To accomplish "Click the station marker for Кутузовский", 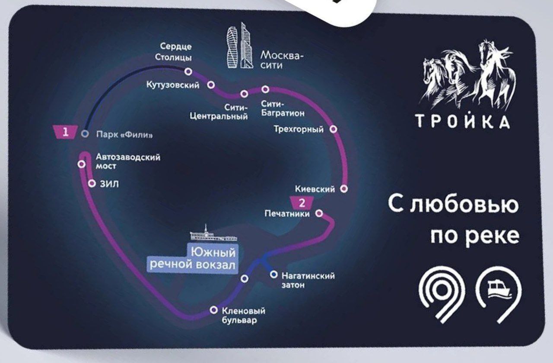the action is coord(211,85).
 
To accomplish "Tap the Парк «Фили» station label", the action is coord(124,135).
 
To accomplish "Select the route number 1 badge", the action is coord(65,132).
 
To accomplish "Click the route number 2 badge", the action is coord(302,203).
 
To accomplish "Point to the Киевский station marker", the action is coord(344,189).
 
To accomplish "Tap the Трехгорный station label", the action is coord(299,129).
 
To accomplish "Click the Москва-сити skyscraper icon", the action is coord(240,45).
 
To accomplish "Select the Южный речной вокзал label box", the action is coord(193,259).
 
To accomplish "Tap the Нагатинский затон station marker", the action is coord(273,274).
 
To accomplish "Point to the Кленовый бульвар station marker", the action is coord(214,310).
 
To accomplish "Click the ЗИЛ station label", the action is coord(109,184).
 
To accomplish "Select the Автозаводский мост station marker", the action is coord(82,164).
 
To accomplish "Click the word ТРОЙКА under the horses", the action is coord(463,122).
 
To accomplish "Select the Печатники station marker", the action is coord(319,213).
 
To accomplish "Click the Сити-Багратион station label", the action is coord(283,109).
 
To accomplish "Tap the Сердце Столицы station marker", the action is coord(188,72).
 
